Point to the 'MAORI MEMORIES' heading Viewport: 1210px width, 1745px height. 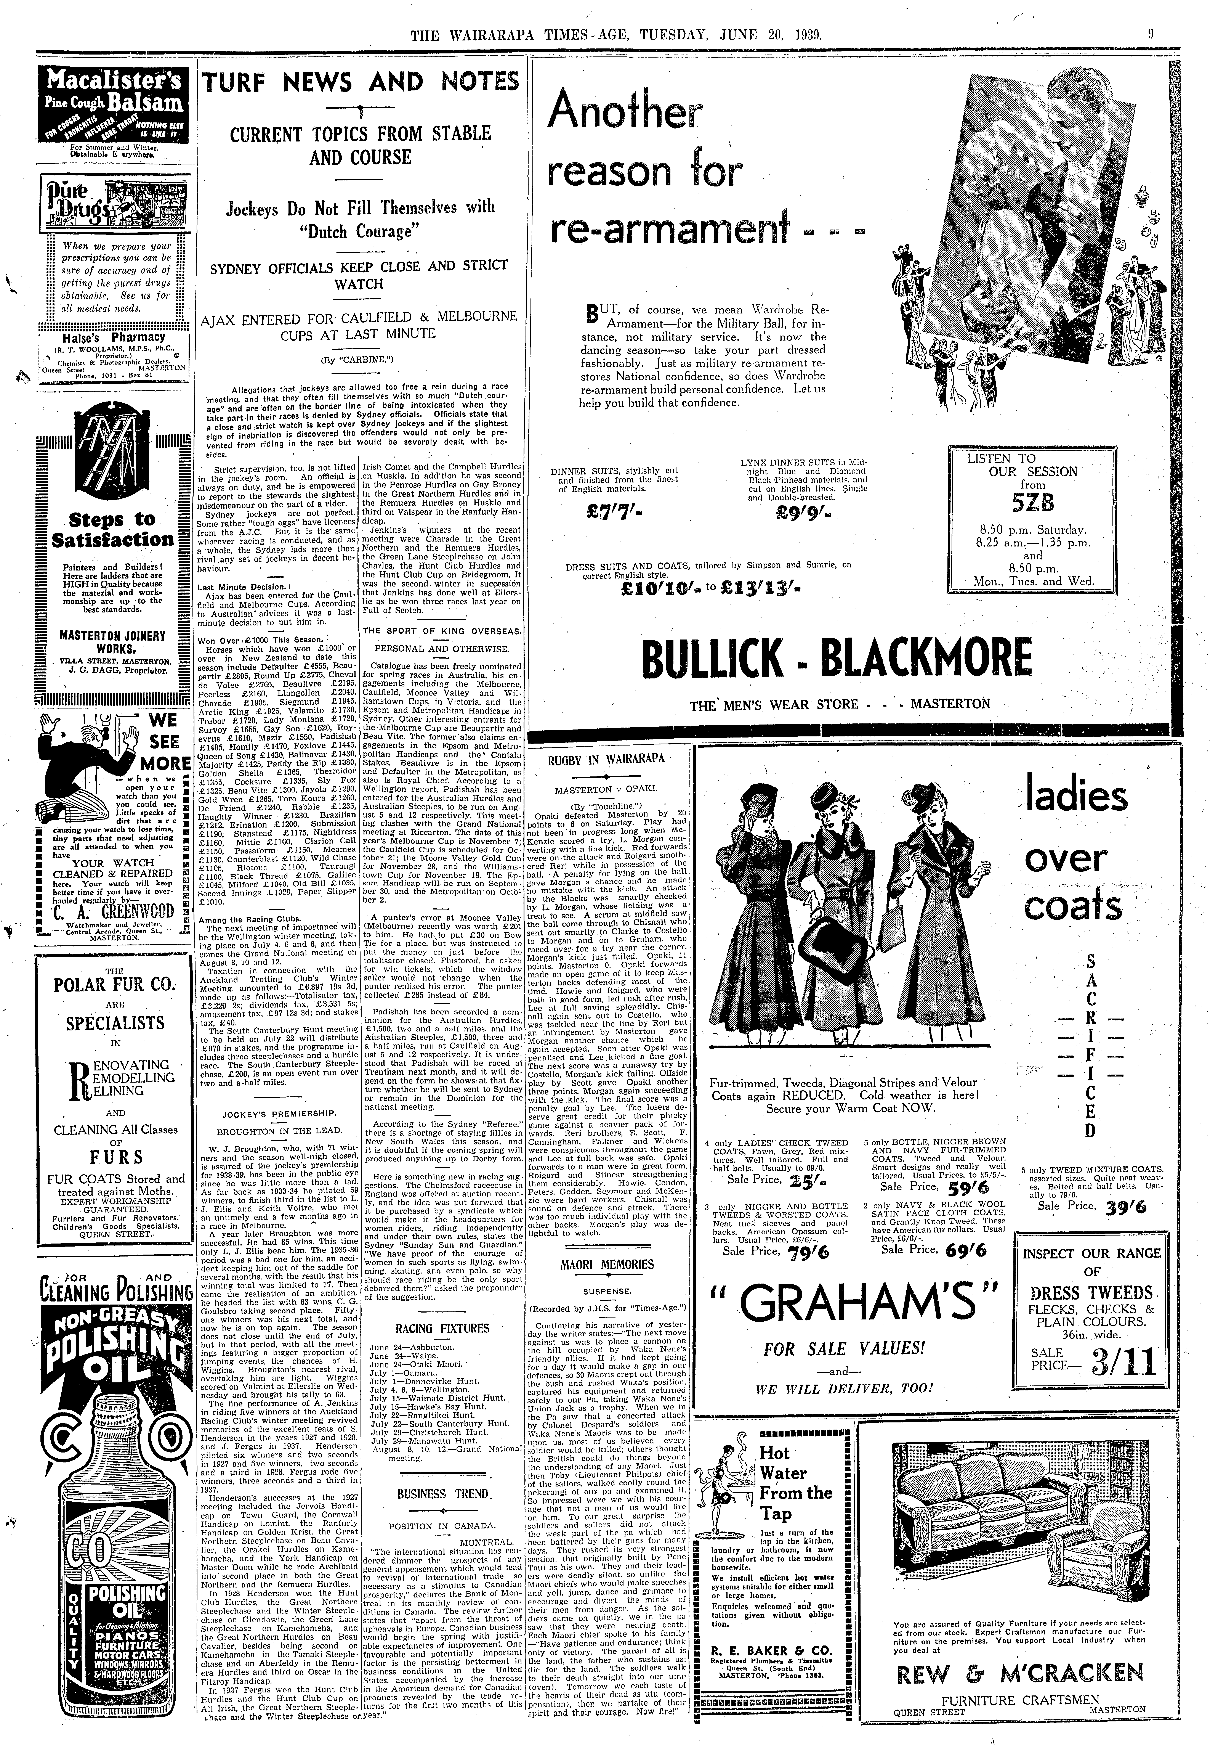(x=607, y=1264)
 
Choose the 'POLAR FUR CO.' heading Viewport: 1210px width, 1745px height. (x=114, y=986)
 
